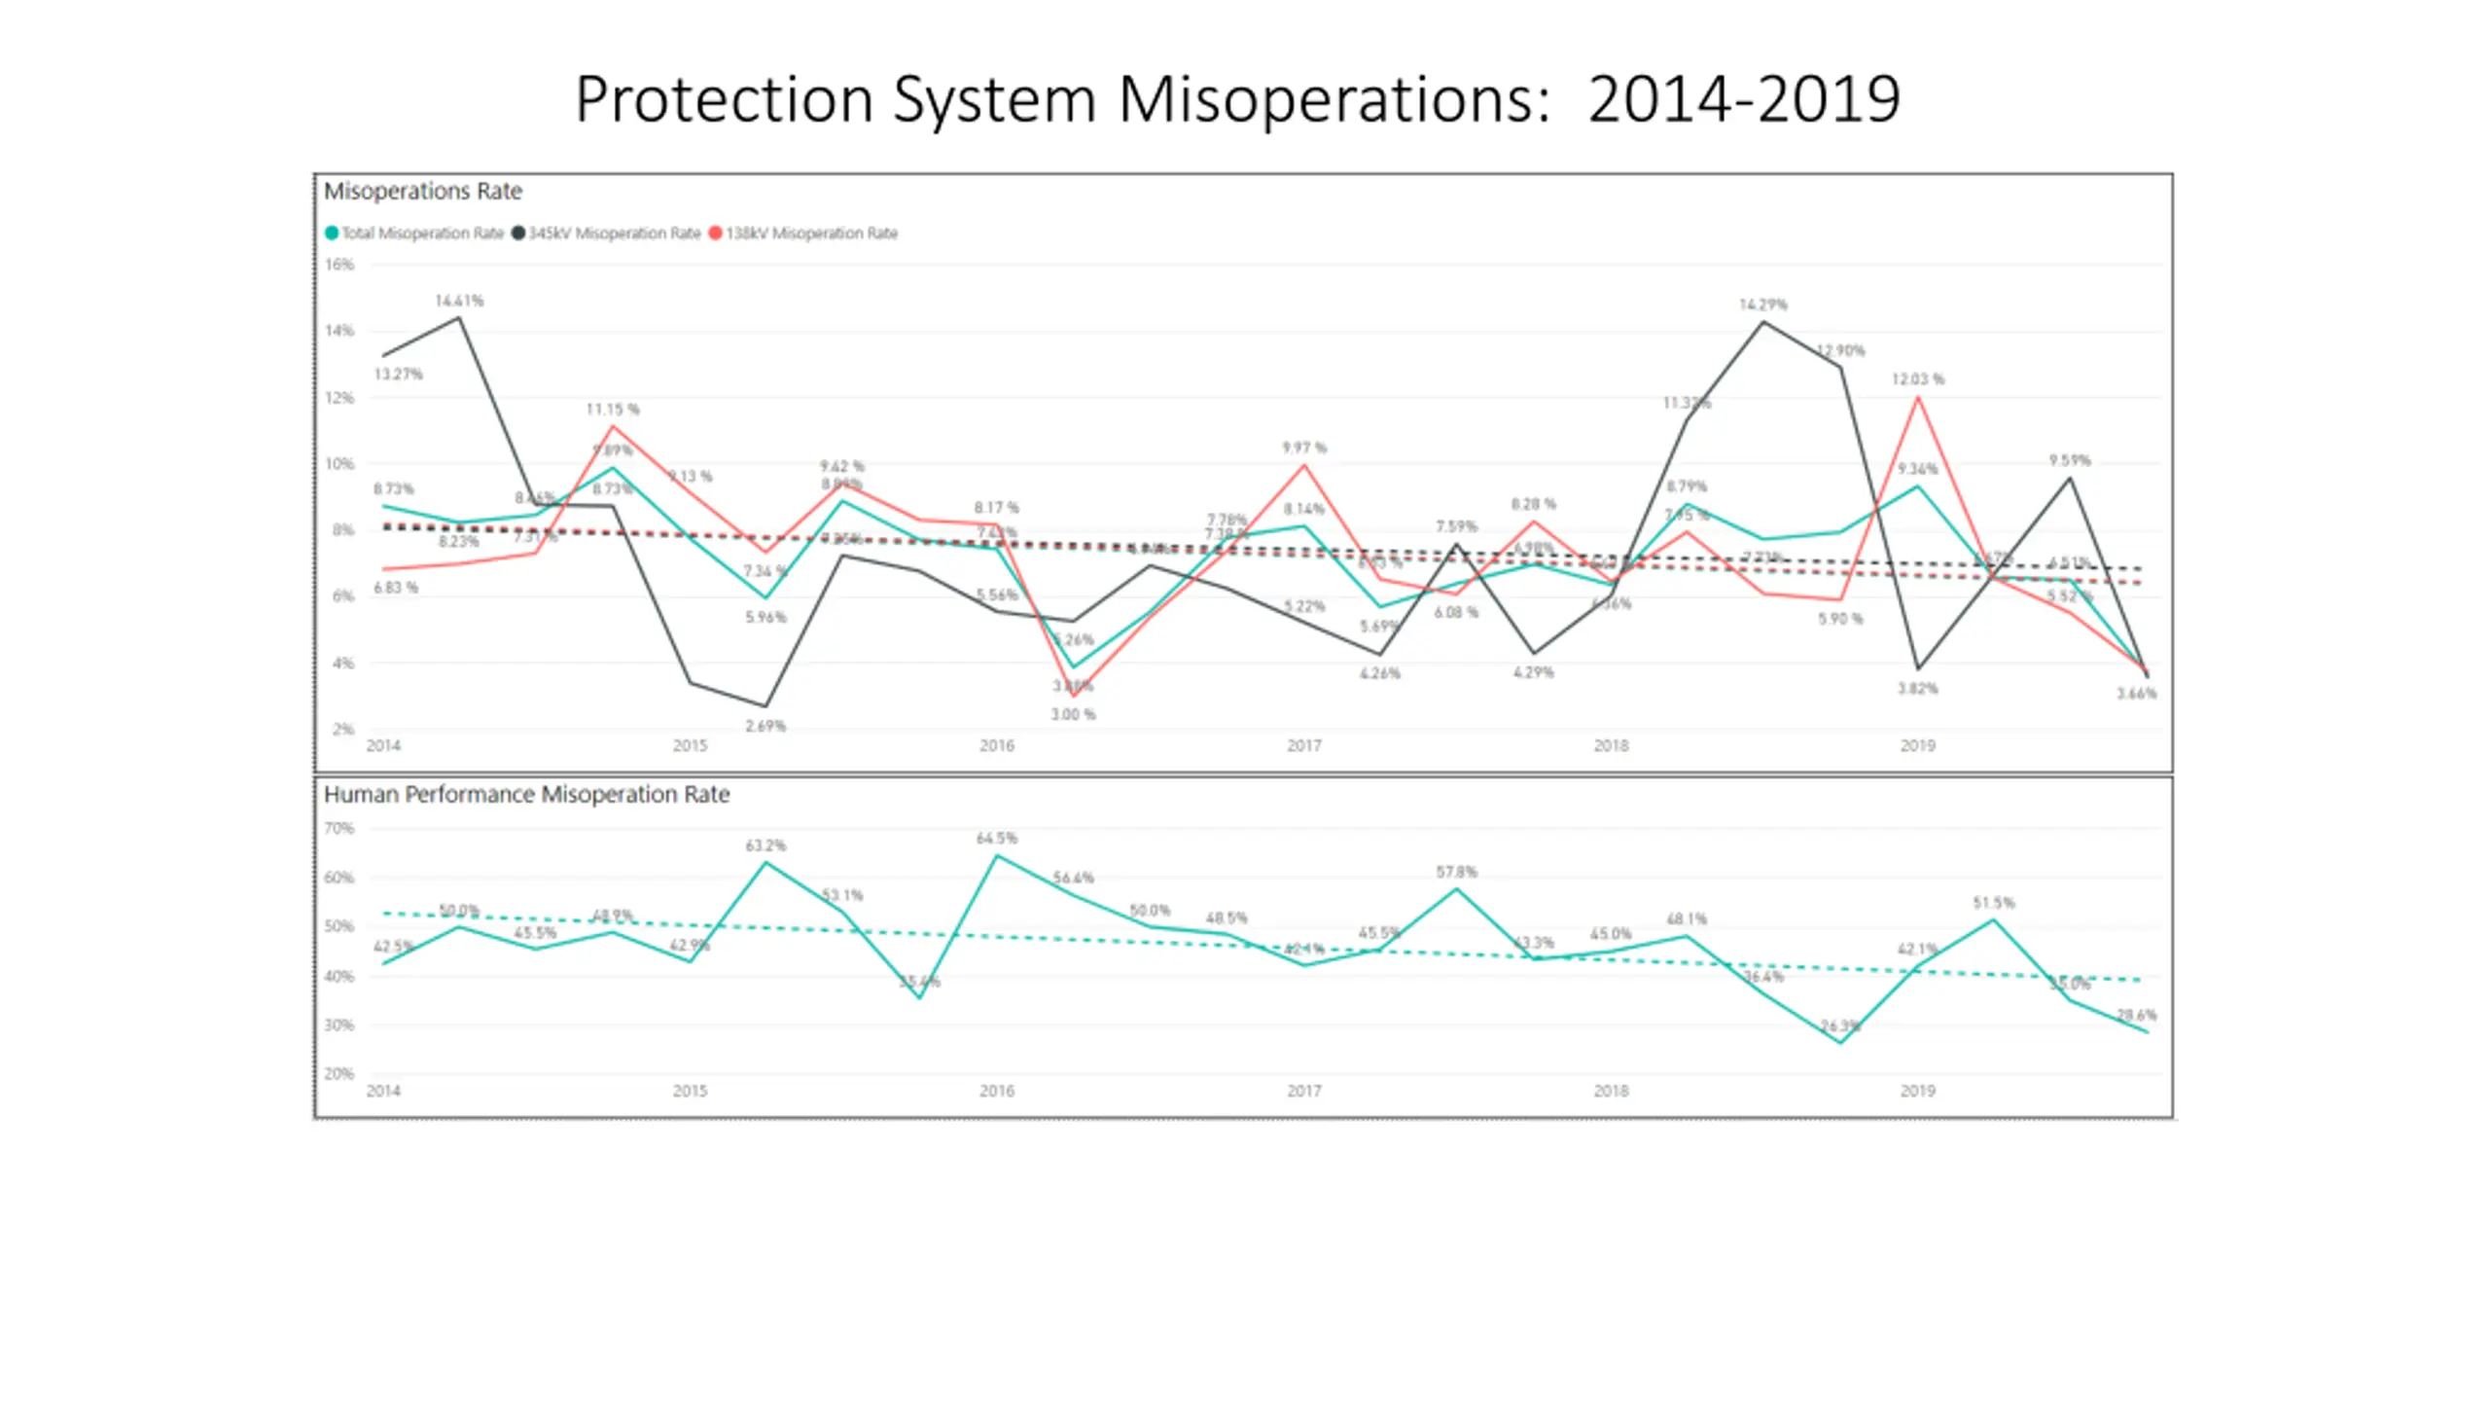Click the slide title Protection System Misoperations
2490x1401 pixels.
tap(1236, 99)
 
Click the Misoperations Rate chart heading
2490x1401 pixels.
tap(422, 191)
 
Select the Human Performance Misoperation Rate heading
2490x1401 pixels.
tap(526, 794)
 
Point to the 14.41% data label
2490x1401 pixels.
tap(459, 301)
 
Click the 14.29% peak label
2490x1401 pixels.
tap(1762, 305)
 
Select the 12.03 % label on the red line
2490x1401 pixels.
tap(1917, 378)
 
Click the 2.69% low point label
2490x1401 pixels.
tap(765, 726)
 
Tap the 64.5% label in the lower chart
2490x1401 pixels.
tap(996, 838)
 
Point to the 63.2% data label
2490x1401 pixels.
tap(765, 845)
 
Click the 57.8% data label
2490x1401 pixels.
tap(1456, 872)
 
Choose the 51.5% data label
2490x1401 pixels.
tap(1993, 903)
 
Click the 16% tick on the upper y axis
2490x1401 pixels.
tap(339, 265)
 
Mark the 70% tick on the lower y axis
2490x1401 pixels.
tap(339, 828)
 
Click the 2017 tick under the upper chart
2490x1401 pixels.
tap(1303, 745)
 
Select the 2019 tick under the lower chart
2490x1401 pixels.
tap(1917, 1091)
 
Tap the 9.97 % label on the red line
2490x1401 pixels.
tap(1303, 448)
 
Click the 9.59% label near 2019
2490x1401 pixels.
tap(2069, 460)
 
